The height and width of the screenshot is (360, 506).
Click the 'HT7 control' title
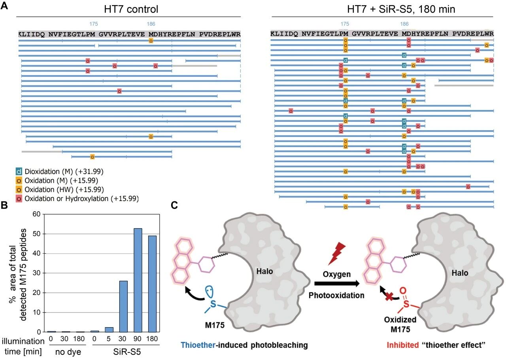[x=128, y=9]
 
